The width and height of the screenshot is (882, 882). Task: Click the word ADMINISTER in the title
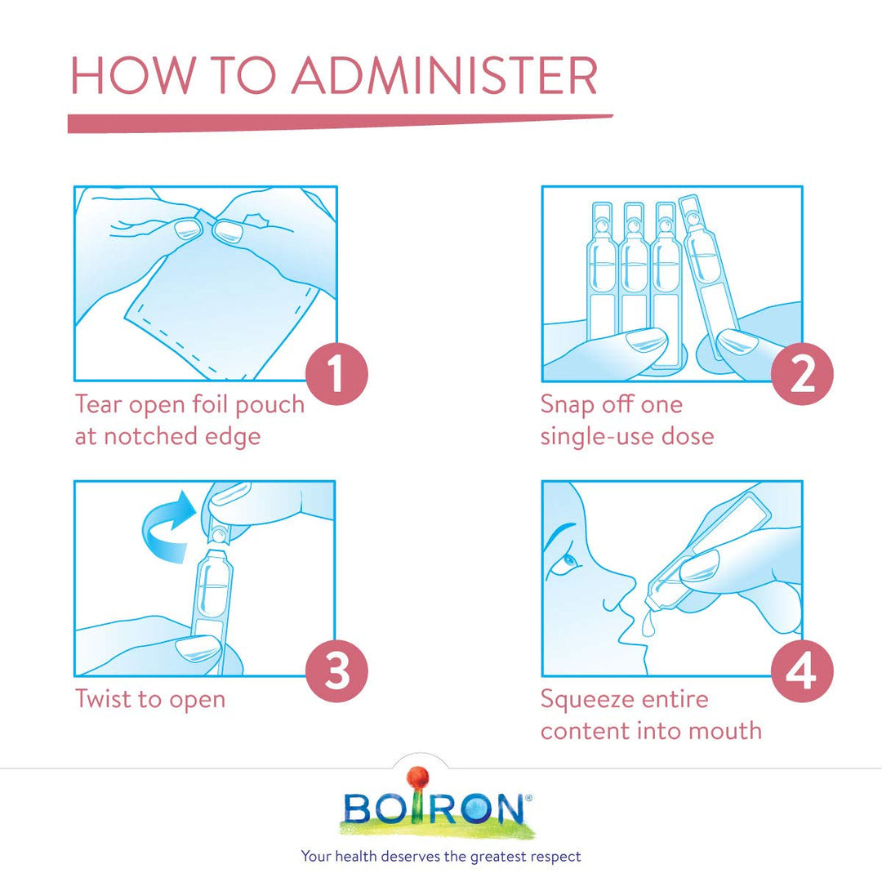point(444,75)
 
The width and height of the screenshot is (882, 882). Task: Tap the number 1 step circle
point(336,374)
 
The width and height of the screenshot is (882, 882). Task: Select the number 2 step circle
point(802,374)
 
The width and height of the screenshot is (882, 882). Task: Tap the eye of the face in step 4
point(568,560)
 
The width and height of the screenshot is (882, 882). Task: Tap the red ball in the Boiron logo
point(418,778)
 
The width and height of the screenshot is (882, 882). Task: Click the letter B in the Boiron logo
point(358,808)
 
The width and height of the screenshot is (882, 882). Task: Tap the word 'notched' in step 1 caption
point(150,436)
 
